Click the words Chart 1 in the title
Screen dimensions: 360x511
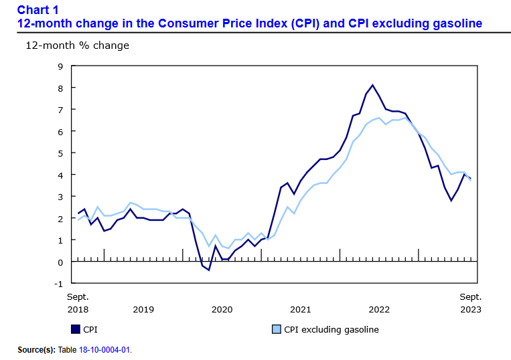click(38, 9)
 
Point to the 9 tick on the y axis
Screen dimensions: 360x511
click(60, 66)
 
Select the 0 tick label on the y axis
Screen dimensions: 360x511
click(60, 262)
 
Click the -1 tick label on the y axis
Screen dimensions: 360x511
click(58, 283)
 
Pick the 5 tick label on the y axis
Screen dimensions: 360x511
click(60, 153)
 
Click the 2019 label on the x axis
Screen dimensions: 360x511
click(143, 309)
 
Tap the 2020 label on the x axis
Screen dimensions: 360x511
click(222, 309)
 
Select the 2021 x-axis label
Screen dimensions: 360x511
click(300, 309)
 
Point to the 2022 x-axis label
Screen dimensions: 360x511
click(379, 309)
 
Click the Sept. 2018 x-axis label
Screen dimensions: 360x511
click(78, 302)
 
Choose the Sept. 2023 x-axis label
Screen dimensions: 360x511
click(469, 302)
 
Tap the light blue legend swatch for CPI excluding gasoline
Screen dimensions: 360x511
click(276, 329)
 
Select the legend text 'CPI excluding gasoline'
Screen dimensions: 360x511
click(331, 329)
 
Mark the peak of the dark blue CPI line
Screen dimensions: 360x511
click(372, 85)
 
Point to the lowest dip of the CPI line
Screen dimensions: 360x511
click(209, 270)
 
